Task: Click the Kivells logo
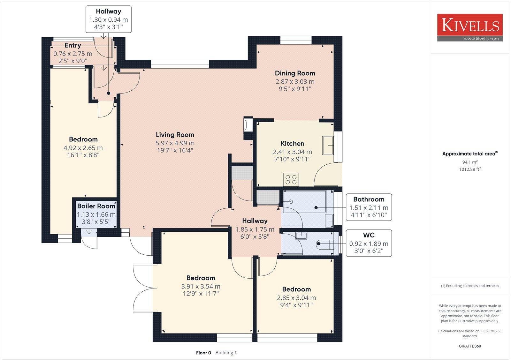point(470,27)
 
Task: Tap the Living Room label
point(175,135)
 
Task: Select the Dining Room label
point(295,73)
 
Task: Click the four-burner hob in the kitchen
point(291,179)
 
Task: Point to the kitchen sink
point(328,146)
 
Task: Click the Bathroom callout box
point(369,207)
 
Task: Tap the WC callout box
point(369,243)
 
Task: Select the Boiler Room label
point(96,206)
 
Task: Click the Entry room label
point(73,45)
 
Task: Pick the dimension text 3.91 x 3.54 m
point(201,286)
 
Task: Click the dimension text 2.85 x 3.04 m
point(296,298)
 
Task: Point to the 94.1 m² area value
point(470,162)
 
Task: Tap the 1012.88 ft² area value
point(470,169)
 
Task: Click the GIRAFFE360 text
point(470,346)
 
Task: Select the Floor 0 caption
point(203,353)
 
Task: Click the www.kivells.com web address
point(481,39)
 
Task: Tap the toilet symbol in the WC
point(324,244)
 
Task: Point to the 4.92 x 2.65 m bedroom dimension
point(83,148)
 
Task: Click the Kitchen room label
point(293,143)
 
